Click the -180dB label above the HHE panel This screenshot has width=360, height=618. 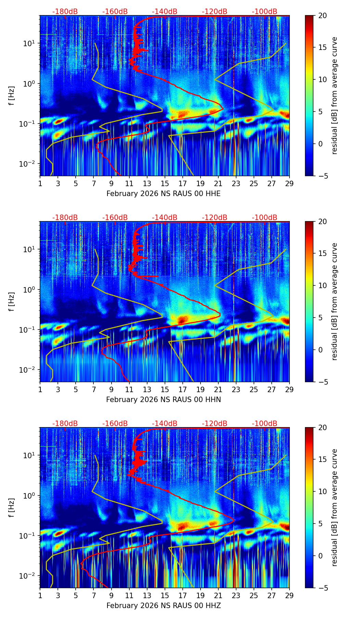pos(65,12)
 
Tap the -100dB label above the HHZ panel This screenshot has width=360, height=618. pos(265,424)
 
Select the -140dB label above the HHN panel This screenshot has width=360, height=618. pos(165,218)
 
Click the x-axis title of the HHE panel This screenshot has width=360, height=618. pos(164,194)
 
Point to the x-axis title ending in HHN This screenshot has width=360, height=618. pos(164,400)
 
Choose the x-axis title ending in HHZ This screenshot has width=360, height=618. pos(164,606)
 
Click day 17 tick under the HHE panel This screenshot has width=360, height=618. pos(183,183)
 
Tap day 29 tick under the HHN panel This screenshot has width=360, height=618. pos(290,389)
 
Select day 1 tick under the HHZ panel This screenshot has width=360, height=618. pos(40,595)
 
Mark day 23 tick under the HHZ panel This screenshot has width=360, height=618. pos(236,595)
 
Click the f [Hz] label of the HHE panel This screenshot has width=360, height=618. pos(12,96)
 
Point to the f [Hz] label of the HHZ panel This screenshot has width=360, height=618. pos(12,508)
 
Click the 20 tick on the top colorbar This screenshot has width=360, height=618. pos(322,15)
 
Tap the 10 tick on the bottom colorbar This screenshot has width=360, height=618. pos(322,491)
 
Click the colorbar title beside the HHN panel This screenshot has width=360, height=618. pos(335,301)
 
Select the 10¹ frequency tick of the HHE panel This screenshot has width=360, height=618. pos(28,43)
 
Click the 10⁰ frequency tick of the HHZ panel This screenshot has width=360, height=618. pos(28,495)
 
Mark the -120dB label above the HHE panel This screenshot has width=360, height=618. pos(215,12)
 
